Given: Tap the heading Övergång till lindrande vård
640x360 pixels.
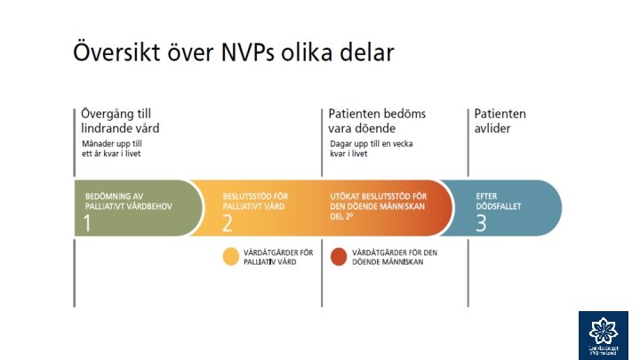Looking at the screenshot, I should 119,121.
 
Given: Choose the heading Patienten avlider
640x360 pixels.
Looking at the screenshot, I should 500,121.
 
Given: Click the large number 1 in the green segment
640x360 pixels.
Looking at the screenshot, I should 87,223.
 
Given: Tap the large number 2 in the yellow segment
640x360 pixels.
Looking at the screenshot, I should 228,223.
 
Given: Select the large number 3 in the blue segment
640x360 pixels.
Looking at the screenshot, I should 481,223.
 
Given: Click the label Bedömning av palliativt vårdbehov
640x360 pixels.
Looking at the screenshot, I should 127,201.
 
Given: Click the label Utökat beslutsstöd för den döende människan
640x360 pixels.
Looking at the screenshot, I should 379,206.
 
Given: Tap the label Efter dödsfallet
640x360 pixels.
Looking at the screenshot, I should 499,201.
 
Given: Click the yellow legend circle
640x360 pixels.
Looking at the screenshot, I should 230,257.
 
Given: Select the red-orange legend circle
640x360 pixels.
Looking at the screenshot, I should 338,257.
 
